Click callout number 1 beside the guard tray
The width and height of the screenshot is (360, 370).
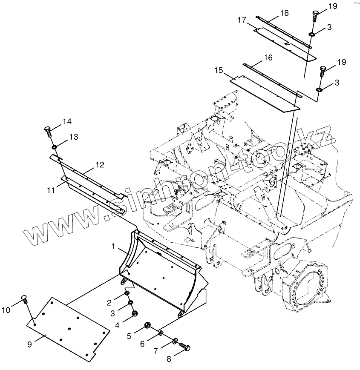point(114,246)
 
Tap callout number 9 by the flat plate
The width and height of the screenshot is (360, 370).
point(29,344)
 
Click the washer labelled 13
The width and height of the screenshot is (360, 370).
point(55,147)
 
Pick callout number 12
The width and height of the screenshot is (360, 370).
point(99,164)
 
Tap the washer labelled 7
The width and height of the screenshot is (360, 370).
point(176,341)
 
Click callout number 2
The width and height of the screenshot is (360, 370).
point(109,303)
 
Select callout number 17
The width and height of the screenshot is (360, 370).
point(242,20)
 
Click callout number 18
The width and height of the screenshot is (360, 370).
point(284,13)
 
